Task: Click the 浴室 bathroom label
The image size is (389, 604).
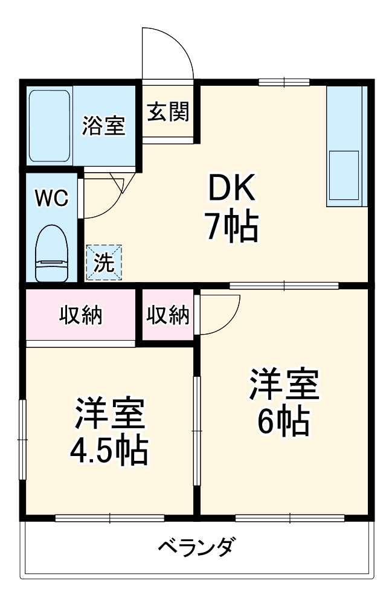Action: tap(104, 126)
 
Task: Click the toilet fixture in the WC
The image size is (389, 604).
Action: tap(53, 254)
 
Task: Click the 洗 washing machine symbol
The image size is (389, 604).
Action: tap(103, 263)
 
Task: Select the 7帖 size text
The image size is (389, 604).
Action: tap(233, 227)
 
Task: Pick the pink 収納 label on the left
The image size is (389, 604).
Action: tap(80, 315)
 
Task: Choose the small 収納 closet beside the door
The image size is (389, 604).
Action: tap(168, 315)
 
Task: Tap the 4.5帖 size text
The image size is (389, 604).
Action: tap(109, 449)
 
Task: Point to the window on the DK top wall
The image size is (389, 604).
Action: tap(283, 82)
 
